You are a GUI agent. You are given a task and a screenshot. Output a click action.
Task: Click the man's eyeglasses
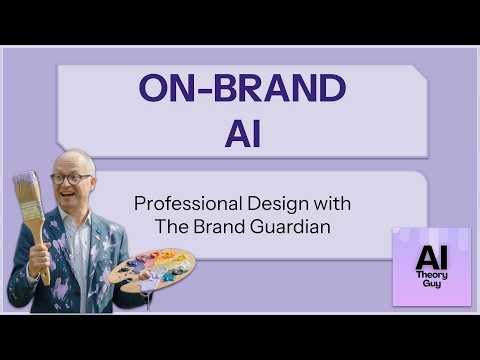point(72,179)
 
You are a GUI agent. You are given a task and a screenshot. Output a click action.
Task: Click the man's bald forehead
point(74,163)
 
